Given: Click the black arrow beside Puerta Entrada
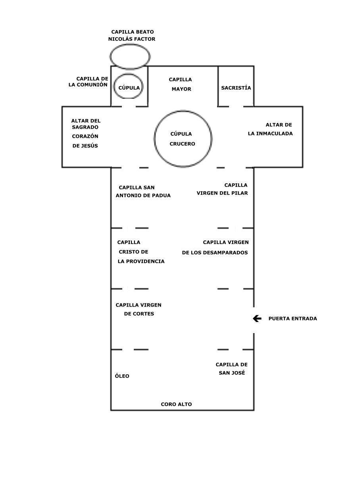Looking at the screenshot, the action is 257,318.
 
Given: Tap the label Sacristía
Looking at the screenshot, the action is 236,88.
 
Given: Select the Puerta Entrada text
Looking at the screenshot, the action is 293,318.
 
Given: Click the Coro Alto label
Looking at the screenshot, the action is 176,404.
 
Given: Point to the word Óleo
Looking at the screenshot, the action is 122,376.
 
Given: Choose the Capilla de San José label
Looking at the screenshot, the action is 232,368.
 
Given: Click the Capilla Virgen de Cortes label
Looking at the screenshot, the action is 139,309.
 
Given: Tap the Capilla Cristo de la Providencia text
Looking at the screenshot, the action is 141,252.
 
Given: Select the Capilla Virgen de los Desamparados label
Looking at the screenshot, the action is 215,247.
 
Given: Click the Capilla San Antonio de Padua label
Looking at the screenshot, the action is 143,191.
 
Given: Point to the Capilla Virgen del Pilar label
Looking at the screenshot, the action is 222,189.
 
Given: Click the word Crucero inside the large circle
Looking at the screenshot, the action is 182,144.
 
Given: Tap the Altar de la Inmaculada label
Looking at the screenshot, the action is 270,129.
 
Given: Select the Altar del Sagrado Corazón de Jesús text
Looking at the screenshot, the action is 85,133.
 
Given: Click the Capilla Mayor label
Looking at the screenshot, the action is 181,84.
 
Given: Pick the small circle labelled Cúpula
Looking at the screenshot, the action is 129,74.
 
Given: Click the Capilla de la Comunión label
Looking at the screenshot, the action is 88,81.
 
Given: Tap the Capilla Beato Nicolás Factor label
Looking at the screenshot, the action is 132,35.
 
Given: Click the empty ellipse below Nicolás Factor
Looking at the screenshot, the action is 130,44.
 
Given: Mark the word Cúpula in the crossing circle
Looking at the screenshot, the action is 181,134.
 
